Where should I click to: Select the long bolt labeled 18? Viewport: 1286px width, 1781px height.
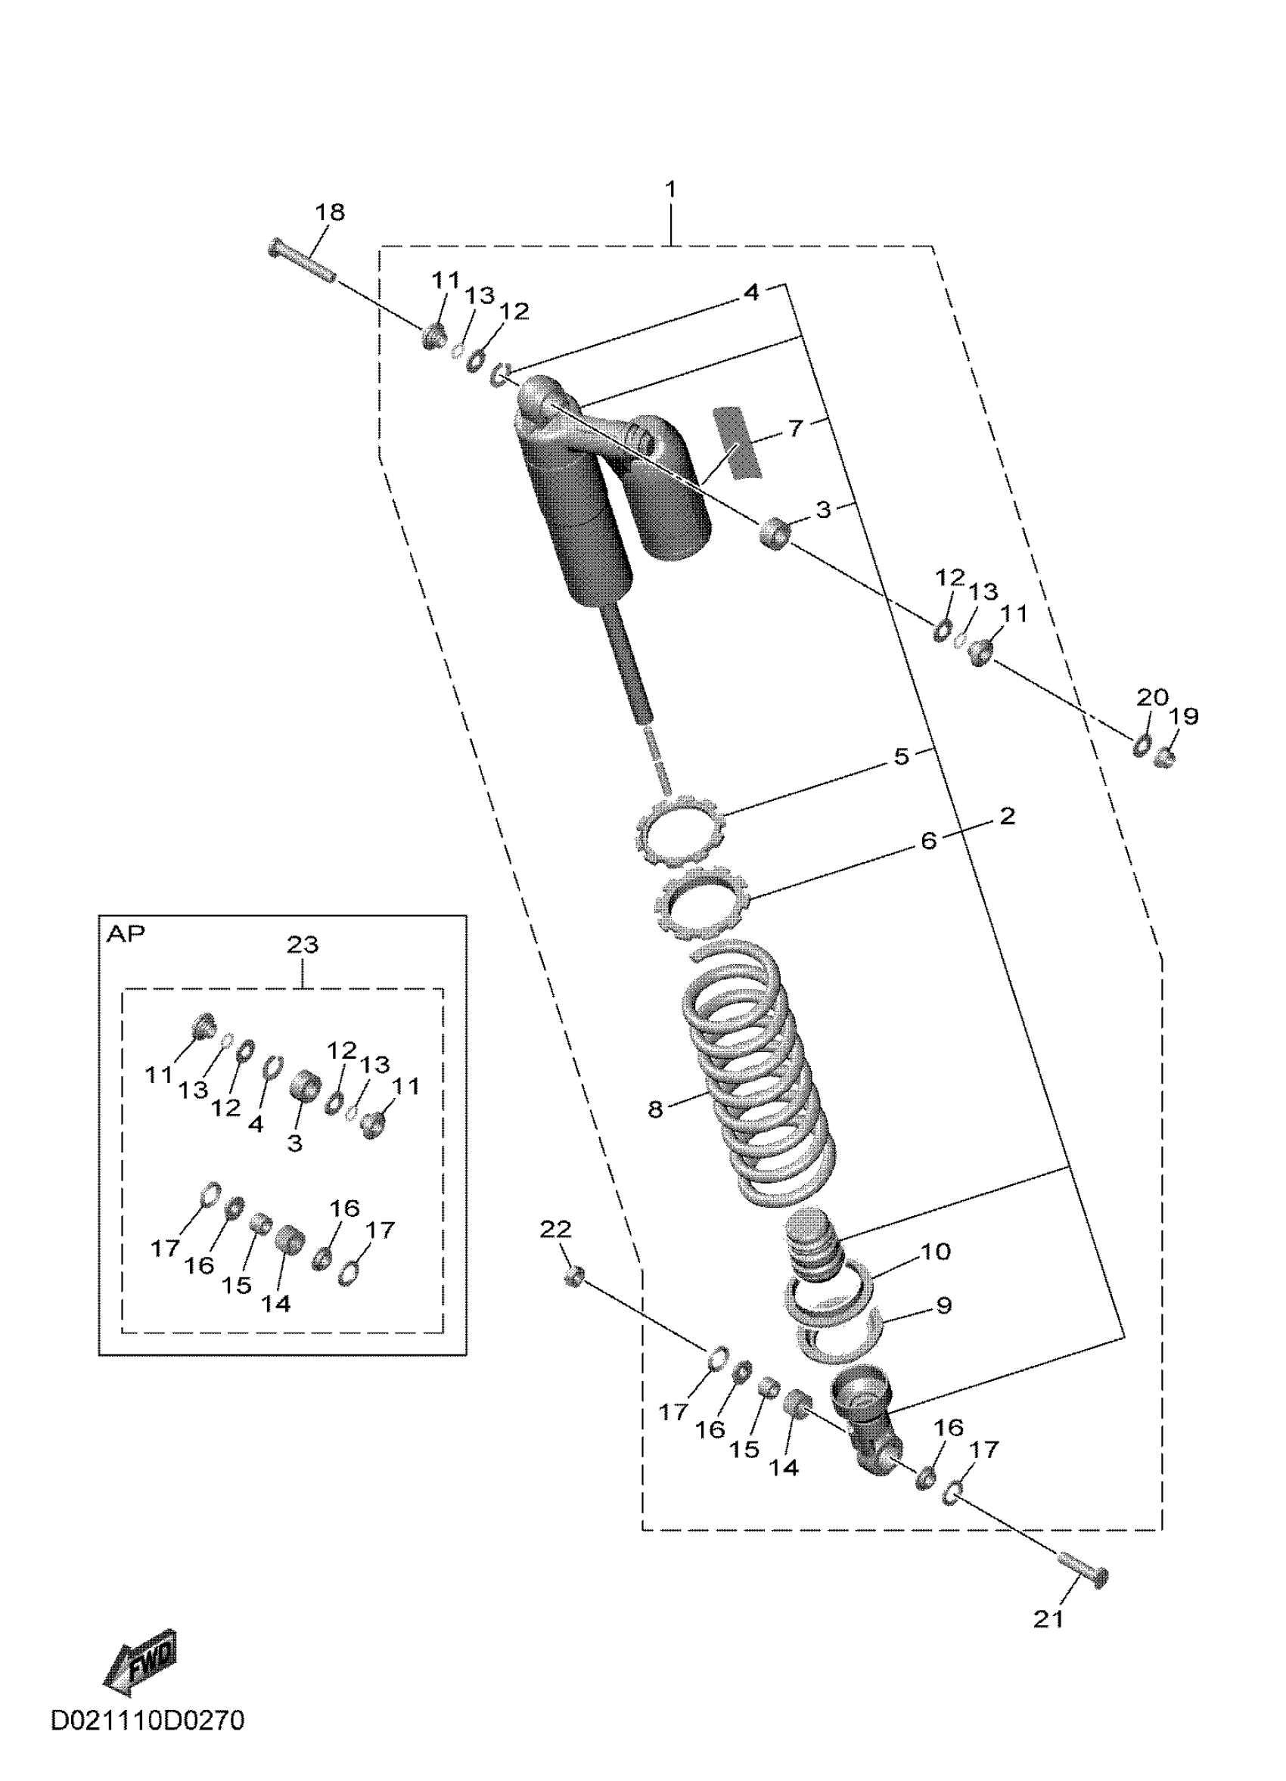click(x=303, y=261)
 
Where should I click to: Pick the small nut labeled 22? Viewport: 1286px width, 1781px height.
click(x=573, y=1276)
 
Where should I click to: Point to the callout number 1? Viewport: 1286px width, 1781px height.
click(x=670, y=189)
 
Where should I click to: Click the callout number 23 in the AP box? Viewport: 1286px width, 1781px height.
click(x=303, y=945)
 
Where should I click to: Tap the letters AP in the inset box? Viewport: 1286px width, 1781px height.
click(x=126, y=935)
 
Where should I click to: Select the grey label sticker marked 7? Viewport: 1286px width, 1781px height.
click(x=737, y=443)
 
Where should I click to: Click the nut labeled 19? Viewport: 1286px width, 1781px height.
click(x=1165, y=758)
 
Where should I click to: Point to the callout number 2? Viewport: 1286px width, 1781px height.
click(x=1007, y=816)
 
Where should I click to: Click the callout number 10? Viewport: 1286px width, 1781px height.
click(x=934, y=1251)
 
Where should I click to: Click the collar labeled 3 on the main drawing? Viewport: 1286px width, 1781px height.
click(x=775, y=533)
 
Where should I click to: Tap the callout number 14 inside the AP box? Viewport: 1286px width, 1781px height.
click(x=276, y=1304)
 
